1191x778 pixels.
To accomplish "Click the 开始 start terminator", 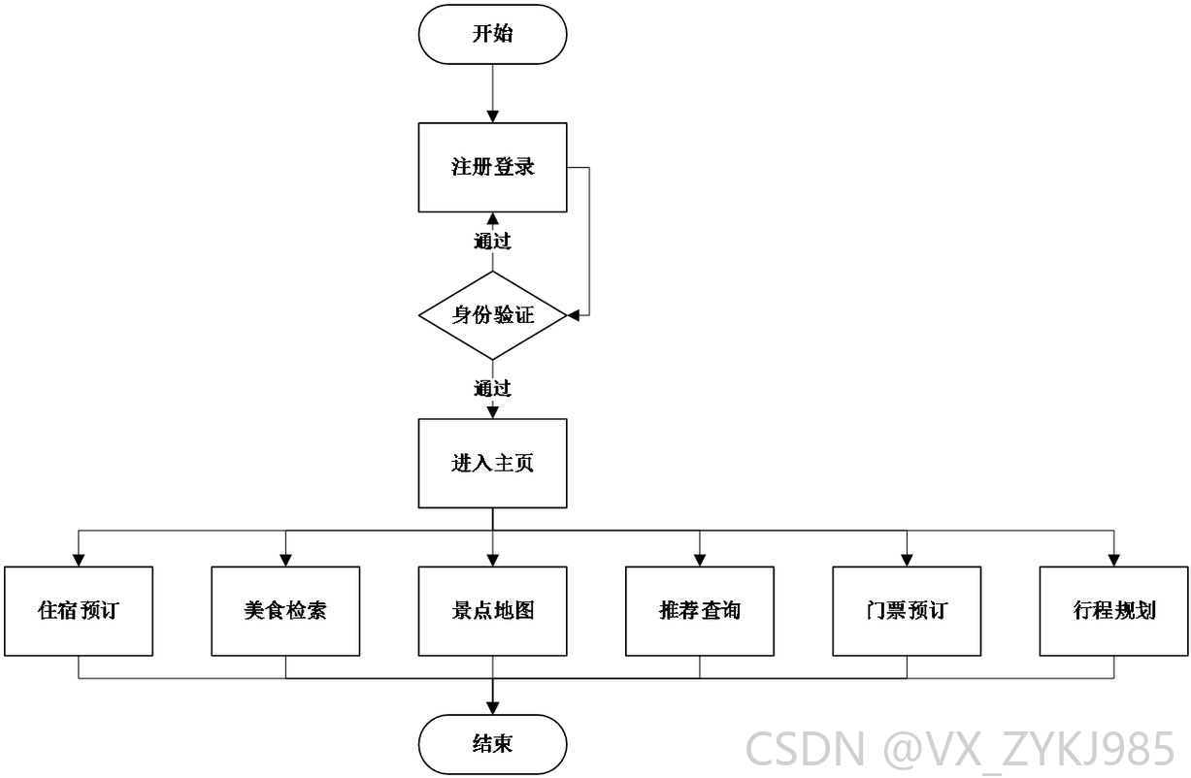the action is (x=492, y=35).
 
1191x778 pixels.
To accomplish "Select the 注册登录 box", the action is (x=492, y=168).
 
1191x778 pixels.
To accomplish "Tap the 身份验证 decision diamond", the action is (x=492, y=315).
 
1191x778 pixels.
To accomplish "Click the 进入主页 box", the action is (x=492, y=464).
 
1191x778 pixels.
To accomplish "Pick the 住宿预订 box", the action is (x=79, y=611).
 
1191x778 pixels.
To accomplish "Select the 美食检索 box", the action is (x=285, y=611).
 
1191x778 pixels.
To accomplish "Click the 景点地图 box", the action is (x=492, y=611).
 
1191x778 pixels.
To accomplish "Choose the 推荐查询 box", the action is (x=700, y=611).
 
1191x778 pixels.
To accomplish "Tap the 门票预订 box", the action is (x=907, y=611).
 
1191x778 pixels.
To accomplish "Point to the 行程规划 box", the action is (x=1114, y=611).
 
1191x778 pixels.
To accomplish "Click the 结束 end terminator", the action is (x=492, y=744).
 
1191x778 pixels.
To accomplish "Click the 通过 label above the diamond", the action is (x=492, y=242).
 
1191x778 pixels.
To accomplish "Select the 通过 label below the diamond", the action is (x=492, y=388).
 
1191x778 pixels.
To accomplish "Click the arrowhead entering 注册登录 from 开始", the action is (x=493, y=117).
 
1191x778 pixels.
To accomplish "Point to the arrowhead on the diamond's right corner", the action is (x=573, y=315).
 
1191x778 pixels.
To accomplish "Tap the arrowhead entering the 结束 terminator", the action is (x=493, y=708).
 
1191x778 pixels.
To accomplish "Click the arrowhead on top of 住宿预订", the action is (x=79, y=561).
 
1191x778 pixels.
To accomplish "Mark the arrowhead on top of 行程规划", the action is (x=1114, y=561).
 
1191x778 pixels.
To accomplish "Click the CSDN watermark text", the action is (x=960, y=749).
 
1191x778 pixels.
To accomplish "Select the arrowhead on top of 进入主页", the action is (x=493, y=412).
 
